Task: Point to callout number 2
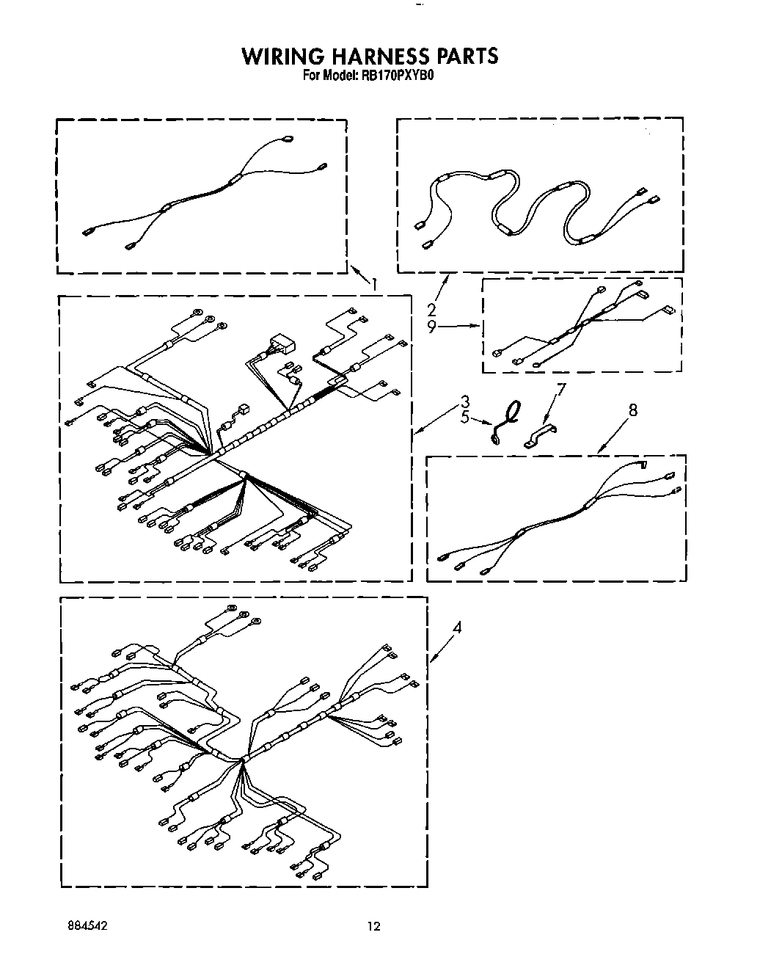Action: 432,309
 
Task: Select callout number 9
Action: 432,327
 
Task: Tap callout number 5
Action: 464,419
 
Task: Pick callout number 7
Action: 561,389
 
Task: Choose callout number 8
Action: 632,410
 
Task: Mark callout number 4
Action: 457,627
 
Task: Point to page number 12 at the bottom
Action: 374,927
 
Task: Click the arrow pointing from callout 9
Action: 458,327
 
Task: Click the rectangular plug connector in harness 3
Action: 280,343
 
